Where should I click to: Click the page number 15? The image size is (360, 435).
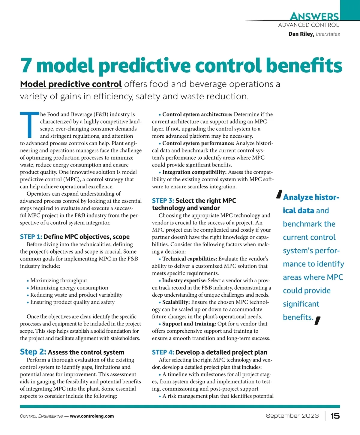(335, 416)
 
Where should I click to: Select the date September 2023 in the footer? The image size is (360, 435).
(292, 416)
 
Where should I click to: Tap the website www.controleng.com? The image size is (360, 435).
(92, 416)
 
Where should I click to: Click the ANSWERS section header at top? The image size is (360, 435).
(314, 16)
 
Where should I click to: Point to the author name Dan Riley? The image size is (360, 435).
(301, 34)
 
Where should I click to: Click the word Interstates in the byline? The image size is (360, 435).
(328, 34)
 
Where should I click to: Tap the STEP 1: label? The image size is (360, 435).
(31, 237)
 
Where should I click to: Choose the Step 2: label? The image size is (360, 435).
(33, 352)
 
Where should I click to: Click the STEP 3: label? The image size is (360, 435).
(163, 201)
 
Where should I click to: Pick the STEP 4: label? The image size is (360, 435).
(163, 352)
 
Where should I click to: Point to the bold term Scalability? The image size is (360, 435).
(176, 302)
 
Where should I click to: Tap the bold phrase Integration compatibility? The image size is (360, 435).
(194, 172)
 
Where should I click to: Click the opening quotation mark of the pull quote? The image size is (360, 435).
(279, 195)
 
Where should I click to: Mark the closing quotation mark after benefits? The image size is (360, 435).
(318, 321)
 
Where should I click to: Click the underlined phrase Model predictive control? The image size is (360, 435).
(71, 84)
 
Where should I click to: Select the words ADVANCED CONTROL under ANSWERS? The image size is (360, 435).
(308, 25)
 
